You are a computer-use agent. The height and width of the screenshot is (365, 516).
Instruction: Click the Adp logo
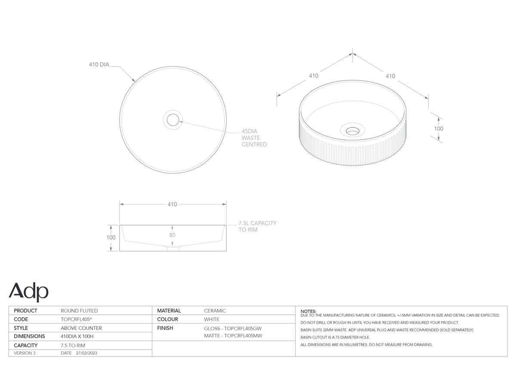(x=28, y=292)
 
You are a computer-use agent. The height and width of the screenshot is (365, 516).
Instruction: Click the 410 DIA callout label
(x=99, y=65)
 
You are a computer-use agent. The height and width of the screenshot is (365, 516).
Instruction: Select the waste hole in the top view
(x=173, y=120)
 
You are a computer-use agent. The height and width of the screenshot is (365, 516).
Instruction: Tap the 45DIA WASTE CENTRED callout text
(x=254, y=138)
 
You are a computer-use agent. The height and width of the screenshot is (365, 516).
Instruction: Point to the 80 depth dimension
(x=172, y=235)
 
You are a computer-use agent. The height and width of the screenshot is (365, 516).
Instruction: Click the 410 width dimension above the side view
(x=172, y=204)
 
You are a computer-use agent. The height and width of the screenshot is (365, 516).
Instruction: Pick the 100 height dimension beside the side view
(x=111, y=238)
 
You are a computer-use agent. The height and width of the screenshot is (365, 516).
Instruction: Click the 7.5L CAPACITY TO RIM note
(x=257, y=226)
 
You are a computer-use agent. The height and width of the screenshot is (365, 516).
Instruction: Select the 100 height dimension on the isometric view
(x=439, y=129)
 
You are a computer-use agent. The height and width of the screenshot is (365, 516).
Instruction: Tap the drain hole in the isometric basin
(x=353, y=131)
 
